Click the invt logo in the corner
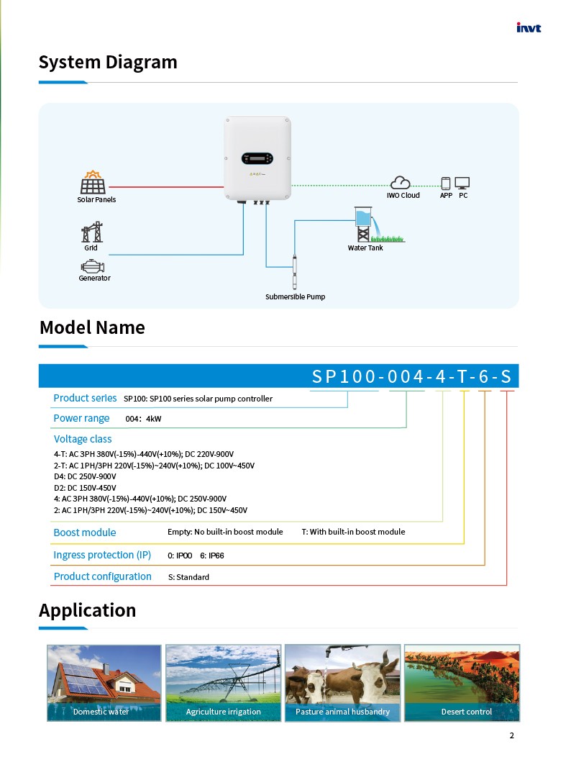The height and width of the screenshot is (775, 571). coord(529,28)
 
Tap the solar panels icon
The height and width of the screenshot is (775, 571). coord(93,183)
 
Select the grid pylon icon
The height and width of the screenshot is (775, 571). coord(91,232)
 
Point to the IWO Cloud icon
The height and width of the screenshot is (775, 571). coord(401,183)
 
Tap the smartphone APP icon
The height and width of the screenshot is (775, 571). coord(446,183)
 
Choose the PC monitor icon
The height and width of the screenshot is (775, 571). coord(462,183)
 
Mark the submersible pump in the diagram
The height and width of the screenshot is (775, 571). coord(295,271)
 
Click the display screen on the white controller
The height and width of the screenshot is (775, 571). coord(257,158)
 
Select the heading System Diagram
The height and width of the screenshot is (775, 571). coord(108,62)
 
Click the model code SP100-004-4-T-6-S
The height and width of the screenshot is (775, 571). coord(413,376)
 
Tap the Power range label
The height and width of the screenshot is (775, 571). coord(81,418)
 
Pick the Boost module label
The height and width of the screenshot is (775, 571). coord(84,532)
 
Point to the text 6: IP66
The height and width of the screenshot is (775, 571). coord(211,556)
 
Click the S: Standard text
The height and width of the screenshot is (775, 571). coord(193,577)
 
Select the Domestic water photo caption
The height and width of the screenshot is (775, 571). coord(101,712)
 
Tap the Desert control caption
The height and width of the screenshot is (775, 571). coord(466,712)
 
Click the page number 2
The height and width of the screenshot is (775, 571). coord(511,735)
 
